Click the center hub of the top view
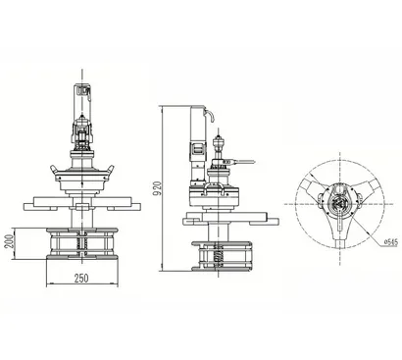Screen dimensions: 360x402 point(338,204)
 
